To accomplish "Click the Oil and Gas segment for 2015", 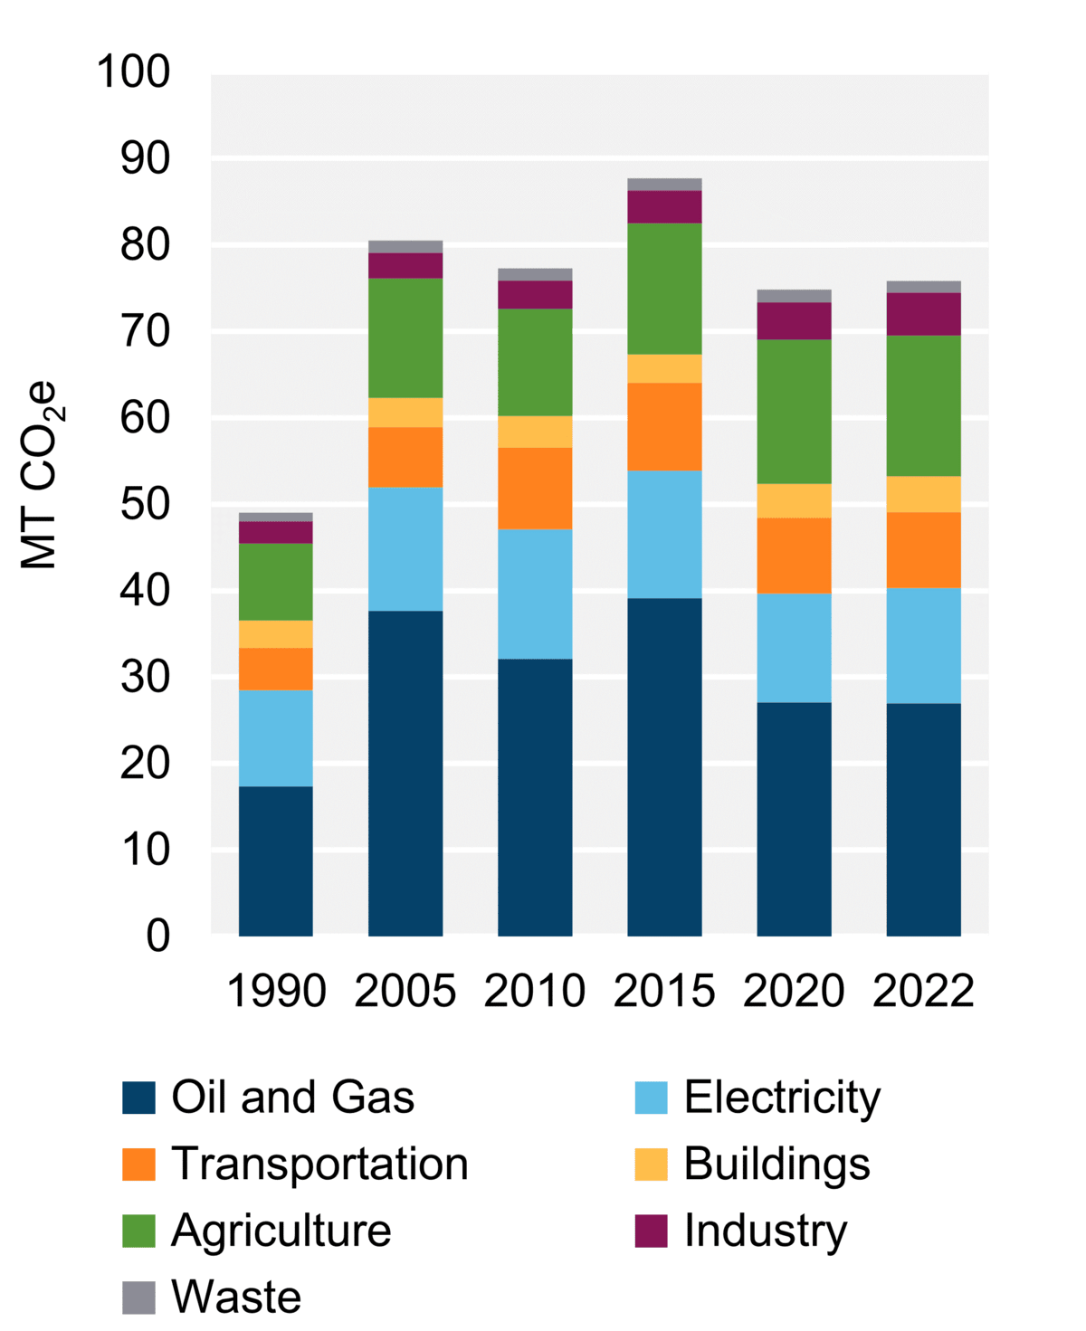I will coord(664,766).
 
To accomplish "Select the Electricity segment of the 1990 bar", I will coord(276,738).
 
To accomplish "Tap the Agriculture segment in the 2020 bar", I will coord(794,412).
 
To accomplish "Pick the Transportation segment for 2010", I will coord(535,489).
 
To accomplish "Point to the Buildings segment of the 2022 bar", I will coord(923,494).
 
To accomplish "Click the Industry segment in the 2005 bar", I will coord(405,265).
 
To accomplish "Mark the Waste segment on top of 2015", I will coord(664,185).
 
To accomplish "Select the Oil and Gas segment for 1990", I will coord(276,860).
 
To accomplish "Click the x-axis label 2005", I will coord(405,991).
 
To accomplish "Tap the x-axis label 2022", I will coord(923,991).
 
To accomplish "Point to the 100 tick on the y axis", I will coord(133,72).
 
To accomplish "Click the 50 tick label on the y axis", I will coord(145,504).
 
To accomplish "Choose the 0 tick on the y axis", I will coord(157,936).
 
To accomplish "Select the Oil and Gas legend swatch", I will coord(138,1098).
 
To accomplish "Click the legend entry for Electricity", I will coord(781,1098).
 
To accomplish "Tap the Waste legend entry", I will coord(236,1297).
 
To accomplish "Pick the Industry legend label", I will coord(765,1231).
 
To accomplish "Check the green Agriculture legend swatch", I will coord(138,1231).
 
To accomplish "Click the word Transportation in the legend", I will coord(319,1164).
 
